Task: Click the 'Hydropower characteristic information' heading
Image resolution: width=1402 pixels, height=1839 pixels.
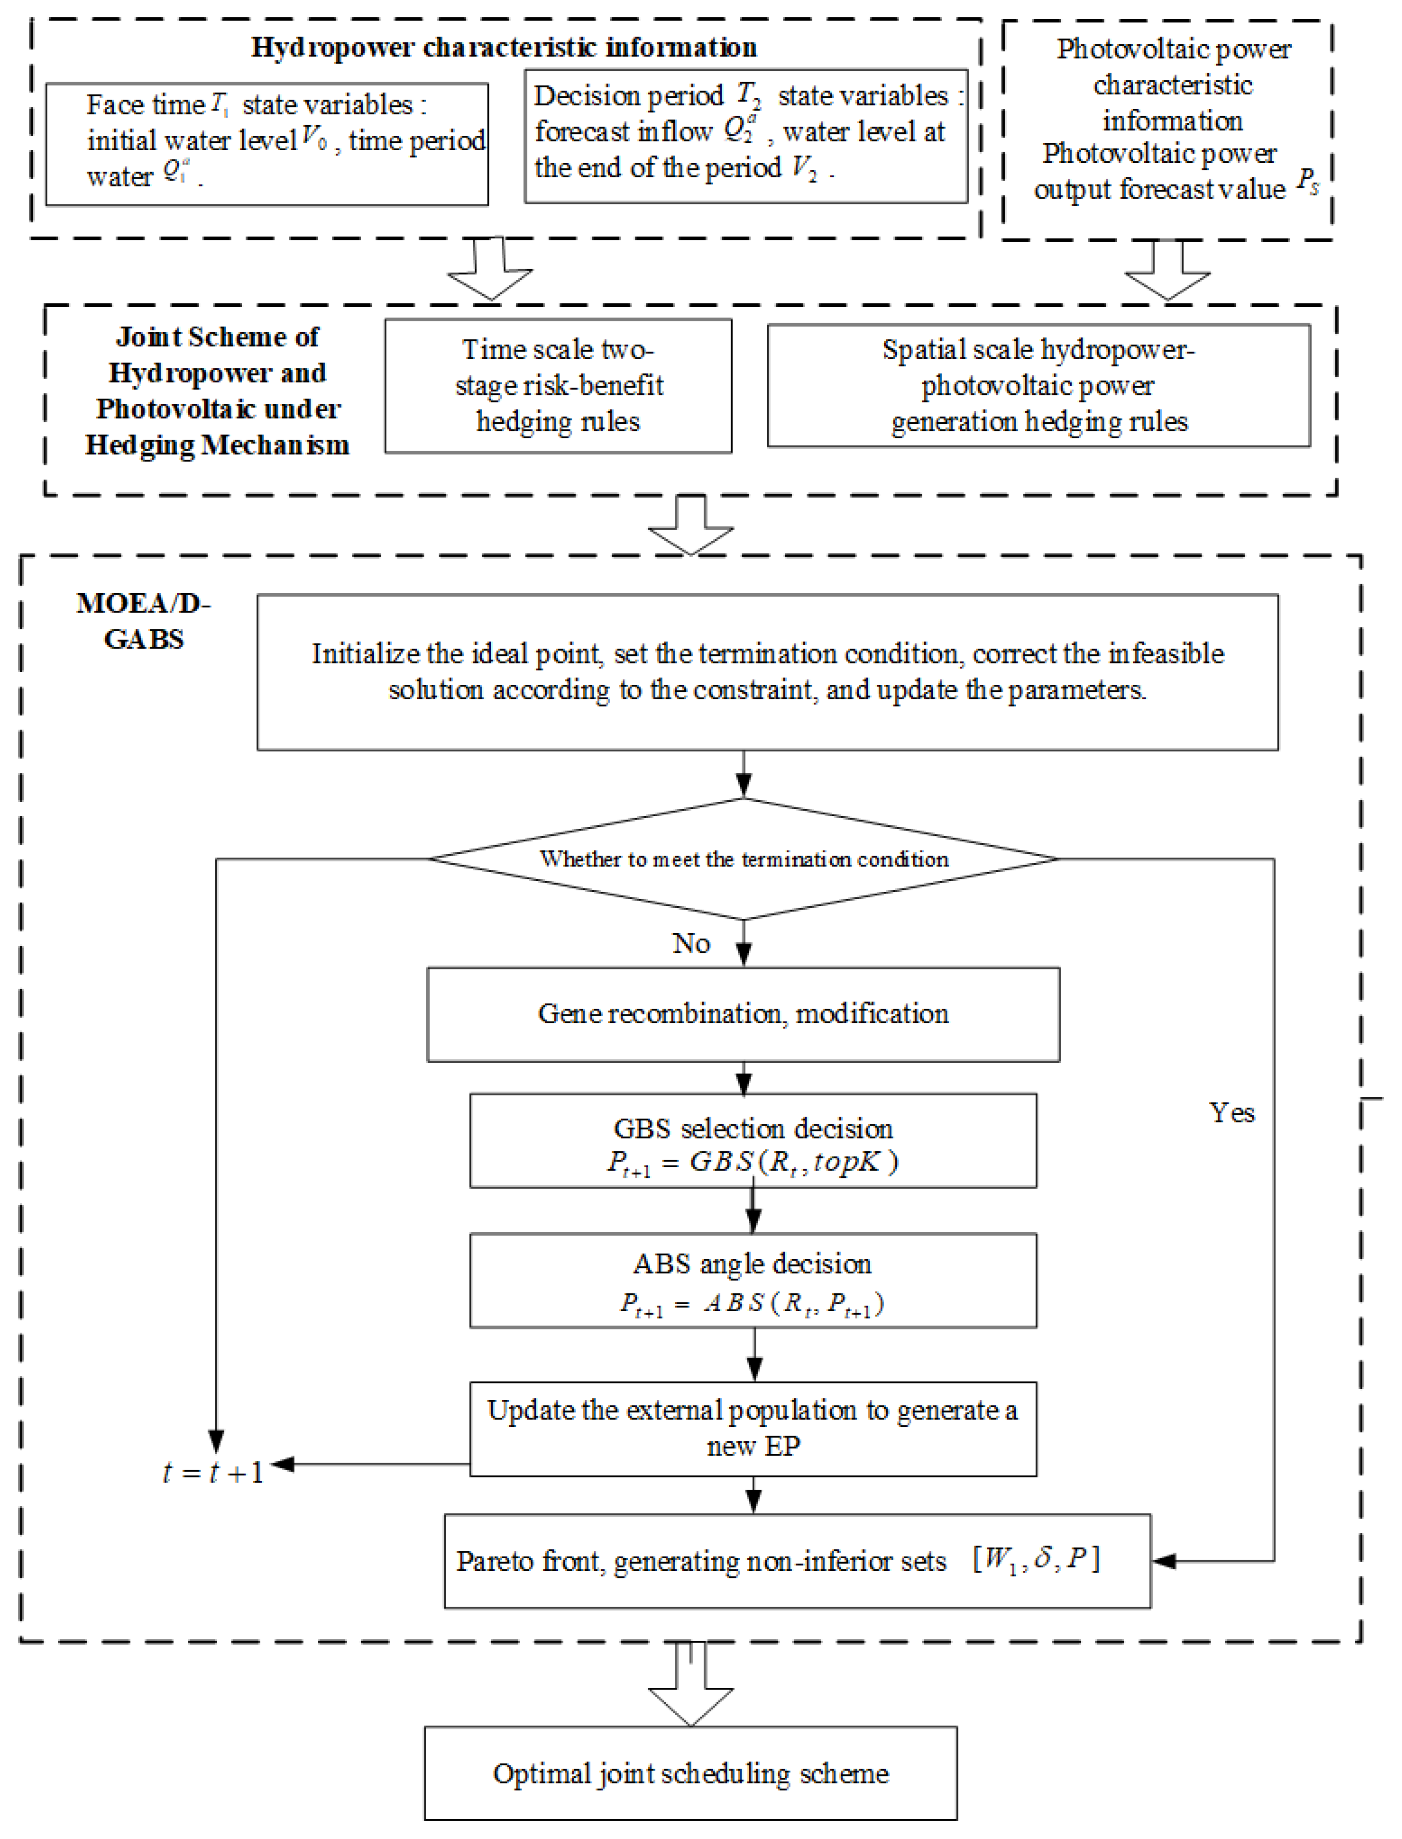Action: [x=504, y=48]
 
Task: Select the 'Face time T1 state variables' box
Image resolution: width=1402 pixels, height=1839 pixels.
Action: [x=267, y=143]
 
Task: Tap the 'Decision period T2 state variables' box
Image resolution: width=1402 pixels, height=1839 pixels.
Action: [x=745, y=136]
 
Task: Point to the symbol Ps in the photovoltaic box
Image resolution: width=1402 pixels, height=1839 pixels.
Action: [x=1307, y=183]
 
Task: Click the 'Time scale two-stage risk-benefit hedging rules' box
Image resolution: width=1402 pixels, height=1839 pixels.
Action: [x=558, y=386]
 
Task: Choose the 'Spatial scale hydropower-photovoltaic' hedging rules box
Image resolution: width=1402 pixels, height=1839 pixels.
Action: [x=1038, y=386]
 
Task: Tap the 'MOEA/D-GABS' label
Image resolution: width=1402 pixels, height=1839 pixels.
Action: [x=144, y=621]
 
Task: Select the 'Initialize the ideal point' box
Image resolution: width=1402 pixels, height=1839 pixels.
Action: [x=767, y=672]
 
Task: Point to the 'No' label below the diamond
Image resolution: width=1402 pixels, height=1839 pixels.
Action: [x=691, y=944]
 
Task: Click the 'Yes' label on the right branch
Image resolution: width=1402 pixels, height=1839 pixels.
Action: [x=1232, y=1113]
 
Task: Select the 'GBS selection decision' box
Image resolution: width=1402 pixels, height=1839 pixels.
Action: [x=753, y=1141]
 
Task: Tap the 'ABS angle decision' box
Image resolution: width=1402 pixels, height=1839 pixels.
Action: [x=753, y=1280]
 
